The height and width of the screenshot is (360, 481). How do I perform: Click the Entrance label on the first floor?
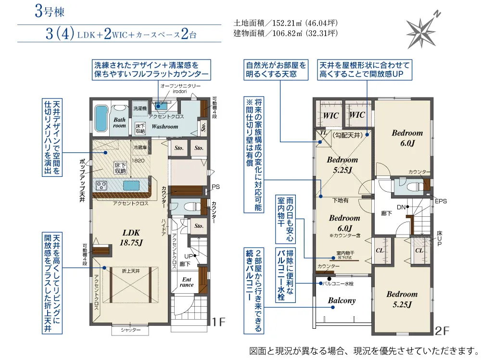click(x=187, y=282)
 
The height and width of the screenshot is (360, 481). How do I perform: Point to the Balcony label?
click(x=342, y=301)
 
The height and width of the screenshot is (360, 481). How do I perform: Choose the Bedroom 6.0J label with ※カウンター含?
click(x=344, y=223)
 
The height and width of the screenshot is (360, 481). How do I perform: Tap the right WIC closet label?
click(x=357, y=115)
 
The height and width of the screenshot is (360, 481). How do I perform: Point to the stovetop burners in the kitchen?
click(x=102, y=185)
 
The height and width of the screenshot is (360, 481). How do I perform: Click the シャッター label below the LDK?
click(x=131, y=330)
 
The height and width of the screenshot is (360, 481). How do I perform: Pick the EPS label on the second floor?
click(x=440, y=202)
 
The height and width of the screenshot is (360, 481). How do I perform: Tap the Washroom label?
click(x=165, y=126)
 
